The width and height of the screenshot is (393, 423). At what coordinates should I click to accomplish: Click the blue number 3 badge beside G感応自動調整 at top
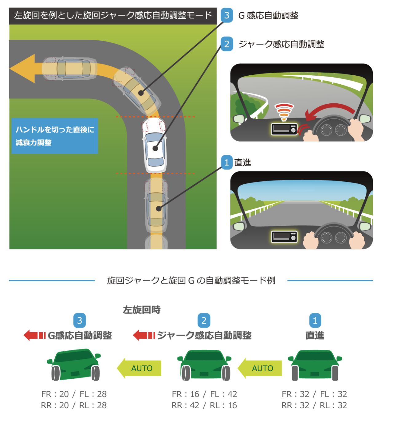[x=227, y=15]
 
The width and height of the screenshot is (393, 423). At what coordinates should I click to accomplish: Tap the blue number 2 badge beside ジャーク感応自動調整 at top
[x=227, y=44]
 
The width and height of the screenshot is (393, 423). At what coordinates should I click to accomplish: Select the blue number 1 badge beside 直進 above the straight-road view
[x=227, y=162]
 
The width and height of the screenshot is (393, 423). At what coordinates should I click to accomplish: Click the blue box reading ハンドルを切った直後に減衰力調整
[x=55, y=136]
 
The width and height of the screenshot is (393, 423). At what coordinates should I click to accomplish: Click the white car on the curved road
[x=155, y=145]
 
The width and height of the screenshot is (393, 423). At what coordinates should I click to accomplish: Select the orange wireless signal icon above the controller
[x=284, y=112]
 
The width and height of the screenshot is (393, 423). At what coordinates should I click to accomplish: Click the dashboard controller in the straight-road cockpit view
[x=284, y=237]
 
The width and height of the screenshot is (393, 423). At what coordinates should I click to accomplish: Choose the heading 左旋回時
[x=142, y=309]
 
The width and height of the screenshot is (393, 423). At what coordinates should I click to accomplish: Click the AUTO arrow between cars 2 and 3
[x=140, y=368]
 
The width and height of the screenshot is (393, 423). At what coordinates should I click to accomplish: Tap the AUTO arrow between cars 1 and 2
[x=260, y=368]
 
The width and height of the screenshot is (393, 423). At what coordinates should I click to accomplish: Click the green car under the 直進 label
[x=315, y=365]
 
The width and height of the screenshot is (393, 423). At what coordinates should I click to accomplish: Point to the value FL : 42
[x=223, y=394]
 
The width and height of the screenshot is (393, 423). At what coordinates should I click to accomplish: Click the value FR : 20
[x=55, y=394]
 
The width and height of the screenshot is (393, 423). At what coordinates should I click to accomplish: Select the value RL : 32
[x=333, y=405]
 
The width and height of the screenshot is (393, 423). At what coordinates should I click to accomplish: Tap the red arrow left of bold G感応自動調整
[x=34, y=335]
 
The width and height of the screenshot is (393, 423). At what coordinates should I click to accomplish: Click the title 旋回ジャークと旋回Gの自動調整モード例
[x=191, y=281]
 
